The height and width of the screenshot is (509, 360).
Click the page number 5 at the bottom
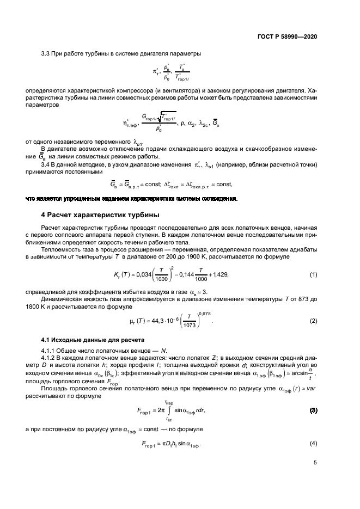click(315, 463)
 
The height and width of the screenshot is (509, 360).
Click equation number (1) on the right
click(313, 274)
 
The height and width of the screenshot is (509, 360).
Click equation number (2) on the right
click(313, 320)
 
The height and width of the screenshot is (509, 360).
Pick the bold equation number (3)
click(313, 409)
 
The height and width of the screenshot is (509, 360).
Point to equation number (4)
click(313, 444)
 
